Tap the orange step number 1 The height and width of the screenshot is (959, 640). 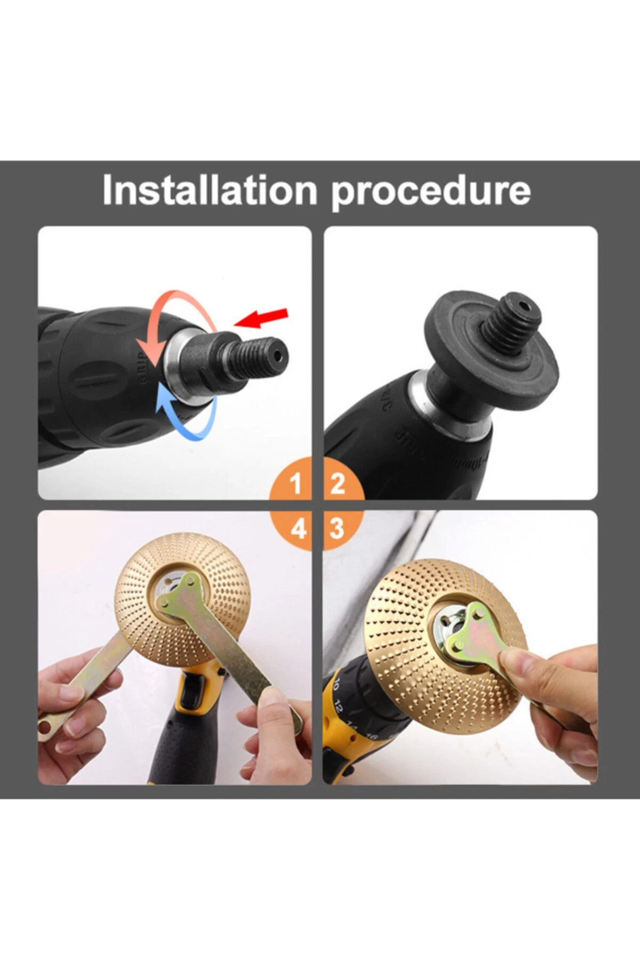tap(297, 484)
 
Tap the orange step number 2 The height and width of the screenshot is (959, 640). tap(338, 484)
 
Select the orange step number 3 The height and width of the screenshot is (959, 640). tap(337, 529)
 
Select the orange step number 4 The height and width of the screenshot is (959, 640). tap(298, 529)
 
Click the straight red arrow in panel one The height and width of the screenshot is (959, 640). tap(261, 318)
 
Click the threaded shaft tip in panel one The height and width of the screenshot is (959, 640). tap(267, 353)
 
